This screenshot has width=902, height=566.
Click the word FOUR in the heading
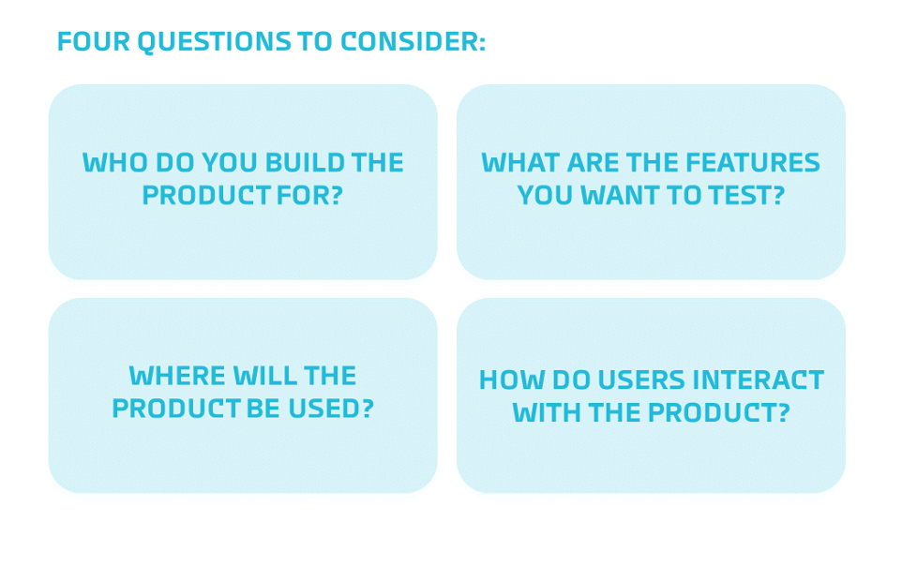pyautogui.click(x=94, y=41)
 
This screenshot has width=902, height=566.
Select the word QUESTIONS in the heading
pyautogui.click(x=214, y=42)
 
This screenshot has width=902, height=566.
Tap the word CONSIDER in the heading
pyautogui.click(x=413, y=41)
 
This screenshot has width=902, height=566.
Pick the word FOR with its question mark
pyautogui.click(x=309, y=196)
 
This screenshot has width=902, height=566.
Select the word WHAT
pyautogui.click(x=520, y=163)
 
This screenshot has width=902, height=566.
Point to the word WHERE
pyautogui.click(x=177, y=376)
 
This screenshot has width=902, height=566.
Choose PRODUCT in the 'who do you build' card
pyautogui.click(x=206, y=196)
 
